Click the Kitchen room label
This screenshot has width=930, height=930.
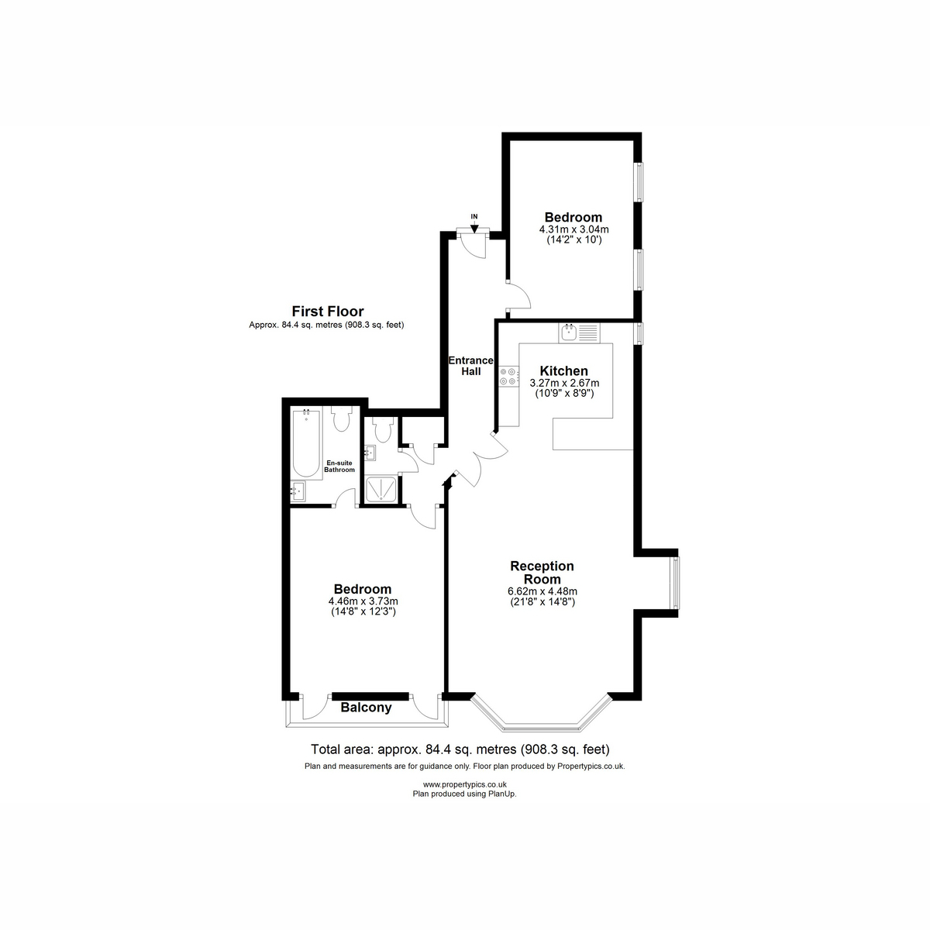(x=563, y=371)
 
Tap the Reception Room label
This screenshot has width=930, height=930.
(x=542, y=573)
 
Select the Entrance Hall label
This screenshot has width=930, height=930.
(x=470, y=366)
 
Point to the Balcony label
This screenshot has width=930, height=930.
(x=366, y=708)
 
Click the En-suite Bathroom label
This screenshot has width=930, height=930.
(x=339, y=467)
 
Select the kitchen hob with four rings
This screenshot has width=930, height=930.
(x=509, y=377)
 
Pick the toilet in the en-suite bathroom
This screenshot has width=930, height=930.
(x=342, y=419)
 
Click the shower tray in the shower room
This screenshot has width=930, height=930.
(x=381, y=489)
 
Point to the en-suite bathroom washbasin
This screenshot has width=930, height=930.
(x=298, y=492)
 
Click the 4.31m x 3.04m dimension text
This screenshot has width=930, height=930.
(x=573, y=229)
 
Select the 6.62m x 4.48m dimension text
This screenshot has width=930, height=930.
(x=542, y=591)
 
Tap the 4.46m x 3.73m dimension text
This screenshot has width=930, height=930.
(x=363, y=601)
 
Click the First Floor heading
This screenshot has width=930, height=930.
(x=328, y=312)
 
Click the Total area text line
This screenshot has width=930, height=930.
(x=460, y=749)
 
